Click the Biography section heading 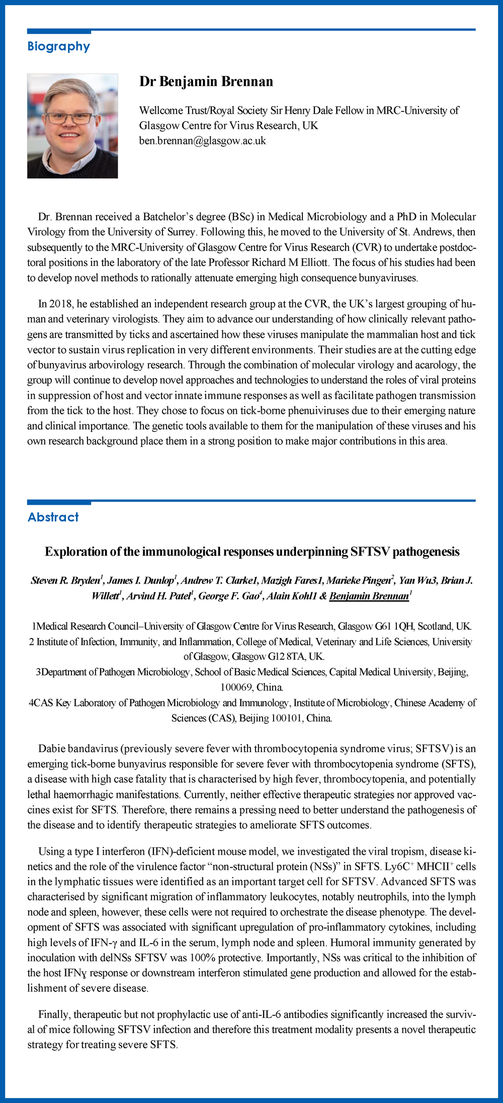(59, 46)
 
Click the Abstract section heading (53, 517)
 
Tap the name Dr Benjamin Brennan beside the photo (206, 81)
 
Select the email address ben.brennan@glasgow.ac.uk (202, 141)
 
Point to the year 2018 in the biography (59, 304)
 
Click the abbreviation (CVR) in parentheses (340, 247)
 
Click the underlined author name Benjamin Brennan (369, 596)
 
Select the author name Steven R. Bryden (65, 581)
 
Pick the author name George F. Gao (228, 596)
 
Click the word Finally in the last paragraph (55, 1015)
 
